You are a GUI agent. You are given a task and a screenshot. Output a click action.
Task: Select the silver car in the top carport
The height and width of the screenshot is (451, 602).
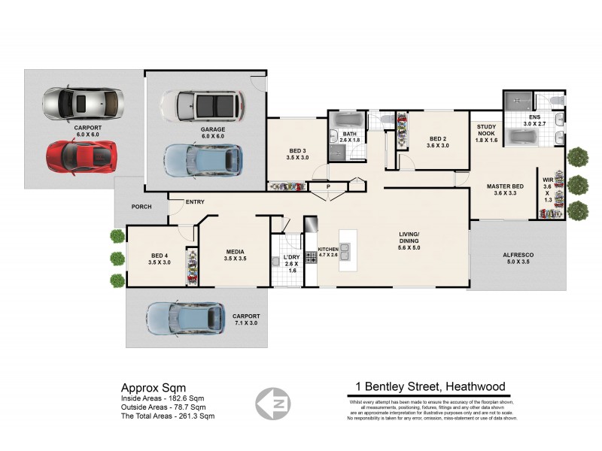point(83,104)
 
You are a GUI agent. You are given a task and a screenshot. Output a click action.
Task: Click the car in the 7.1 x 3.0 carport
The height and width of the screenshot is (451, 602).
point(186,318)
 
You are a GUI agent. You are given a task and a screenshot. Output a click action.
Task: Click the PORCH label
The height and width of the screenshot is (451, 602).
point(141,207)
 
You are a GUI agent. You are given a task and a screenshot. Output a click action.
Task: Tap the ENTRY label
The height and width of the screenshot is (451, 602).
point(195,201)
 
